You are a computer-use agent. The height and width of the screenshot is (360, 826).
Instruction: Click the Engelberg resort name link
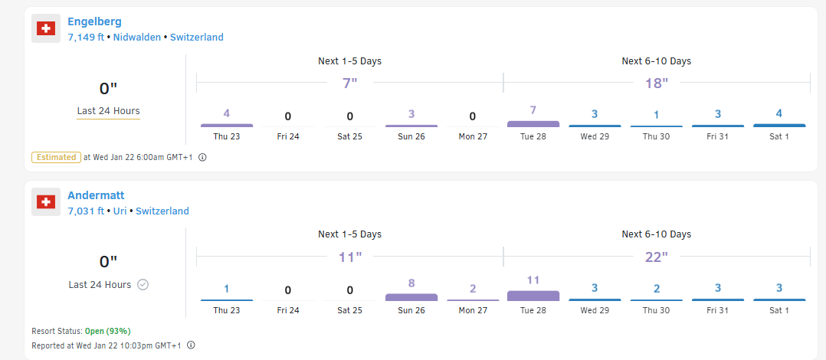94,21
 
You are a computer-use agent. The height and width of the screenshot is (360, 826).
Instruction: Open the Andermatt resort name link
96,195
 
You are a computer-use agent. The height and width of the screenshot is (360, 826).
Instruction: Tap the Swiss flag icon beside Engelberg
46,29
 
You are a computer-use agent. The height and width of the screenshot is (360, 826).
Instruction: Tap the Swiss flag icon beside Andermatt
46,203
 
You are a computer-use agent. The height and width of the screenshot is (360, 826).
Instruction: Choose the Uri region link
120,211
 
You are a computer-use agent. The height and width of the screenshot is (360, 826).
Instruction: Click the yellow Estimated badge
56,157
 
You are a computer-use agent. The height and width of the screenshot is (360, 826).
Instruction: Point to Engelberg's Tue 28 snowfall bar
533,123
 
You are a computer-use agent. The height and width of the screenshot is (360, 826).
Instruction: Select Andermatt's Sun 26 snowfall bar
411,296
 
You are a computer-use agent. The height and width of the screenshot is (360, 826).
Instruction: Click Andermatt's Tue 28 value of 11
533,280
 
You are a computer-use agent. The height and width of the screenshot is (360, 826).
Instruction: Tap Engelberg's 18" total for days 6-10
656,83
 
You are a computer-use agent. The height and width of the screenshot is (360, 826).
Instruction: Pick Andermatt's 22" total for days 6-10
656,257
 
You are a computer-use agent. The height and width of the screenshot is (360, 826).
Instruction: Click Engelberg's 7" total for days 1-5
350,83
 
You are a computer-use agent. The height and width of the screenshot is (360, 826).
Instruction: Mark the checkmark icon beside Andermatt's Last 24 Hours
143,284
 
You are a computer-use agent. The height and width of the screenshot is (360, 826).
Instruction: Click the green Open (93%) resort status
107,331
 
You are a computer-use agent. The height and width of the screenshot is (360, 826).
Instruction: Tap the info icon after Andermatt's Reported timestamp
191,345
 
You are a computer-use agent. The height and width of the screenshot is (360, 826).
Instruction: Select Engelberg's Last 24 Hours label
108,111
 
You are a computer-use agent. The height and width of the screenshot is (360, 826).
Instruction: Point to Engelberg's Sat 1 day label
779,136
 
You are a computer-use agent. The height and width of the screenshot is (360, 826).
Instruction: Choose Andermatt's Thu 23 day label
227,310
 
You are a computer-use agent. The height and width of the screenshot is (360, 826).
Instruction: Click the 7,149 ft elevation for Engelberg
86,37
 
